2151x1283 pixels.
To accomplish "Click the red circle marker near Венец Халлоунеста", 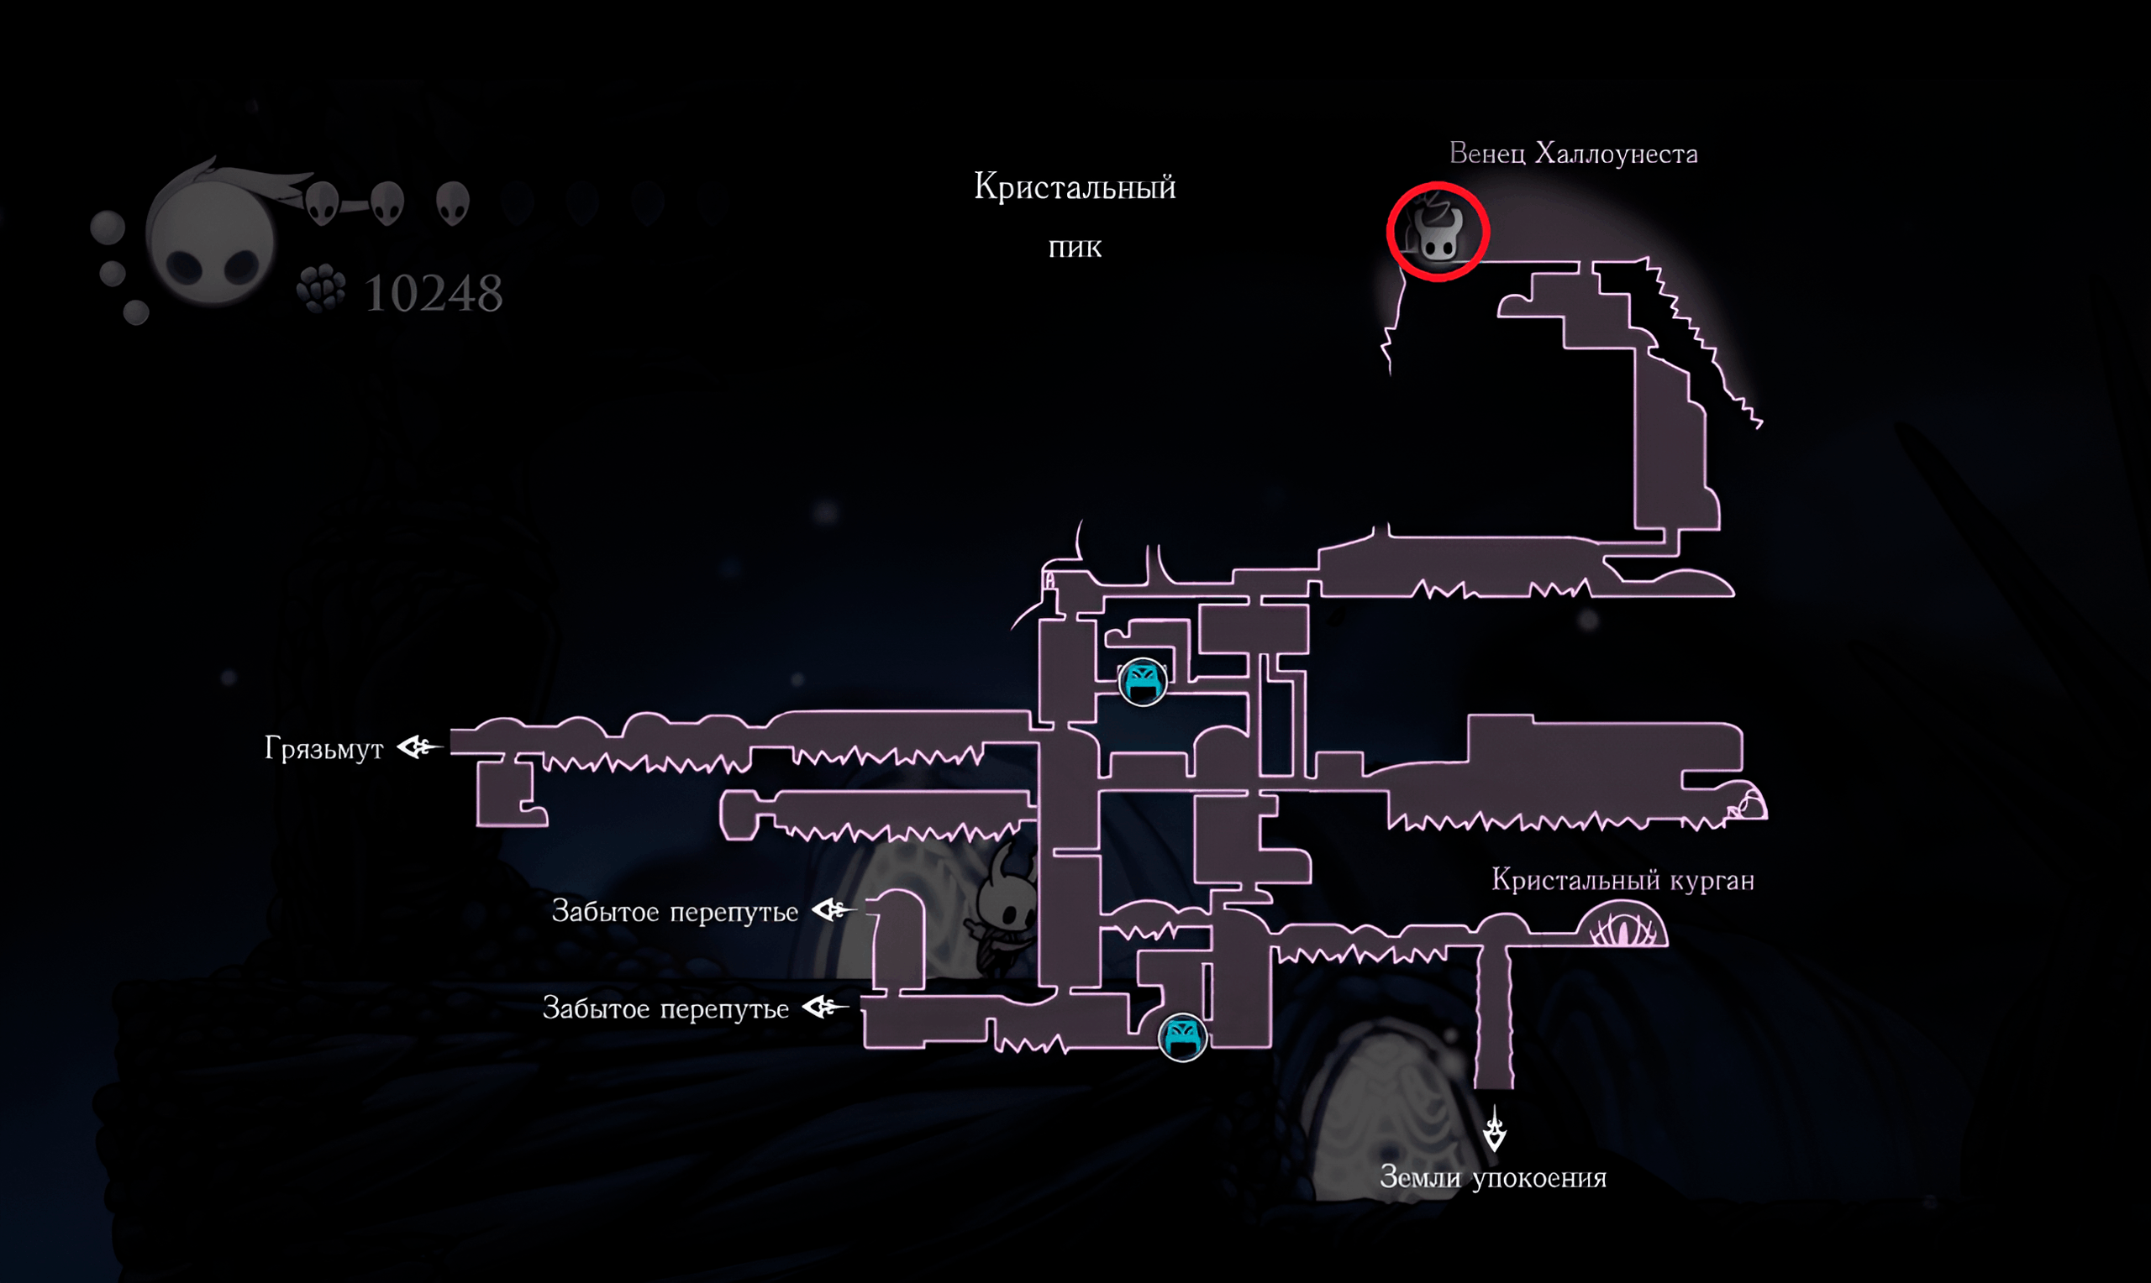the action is [x=1438, y=192].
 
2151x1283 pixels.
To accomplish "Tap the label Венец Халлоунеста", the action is [x=1573, y=154].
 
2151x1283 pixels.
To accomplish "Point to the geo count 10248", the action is [x=434, y=293].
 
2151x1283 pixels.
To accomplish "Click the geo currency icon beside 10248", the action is [x=321, y=289].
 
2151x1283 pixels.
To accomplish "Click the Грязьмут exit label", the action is [x=323, y=749].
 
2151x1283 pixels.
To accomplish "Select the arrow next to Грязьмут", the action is [x=420, y=747].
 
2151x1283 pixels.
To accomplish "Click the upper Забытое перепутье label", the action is [x=675, y=912].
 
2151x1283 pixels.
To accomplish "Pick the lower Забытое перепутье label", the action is [x=665, y=1009].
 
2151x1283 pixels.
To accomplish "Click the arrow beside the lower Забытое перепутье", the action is [x=825, y=1008].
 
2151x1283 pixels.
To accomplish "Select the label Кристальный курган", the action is [x=1622, y=881].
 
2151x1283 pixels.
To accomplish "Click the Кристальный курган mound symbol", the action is [x=1622, y=924].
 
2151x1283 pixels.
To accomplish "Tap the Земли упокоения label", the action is [x=1493, y=1177].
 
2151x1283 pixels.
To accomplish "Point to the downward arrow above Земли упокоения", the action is [x=1495, y=1129].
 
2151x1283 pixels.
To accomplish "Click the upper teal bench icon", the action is [x=1143, y=682].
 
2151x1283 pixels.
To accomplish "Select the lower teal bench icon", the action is [x=1182, y=1037].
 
